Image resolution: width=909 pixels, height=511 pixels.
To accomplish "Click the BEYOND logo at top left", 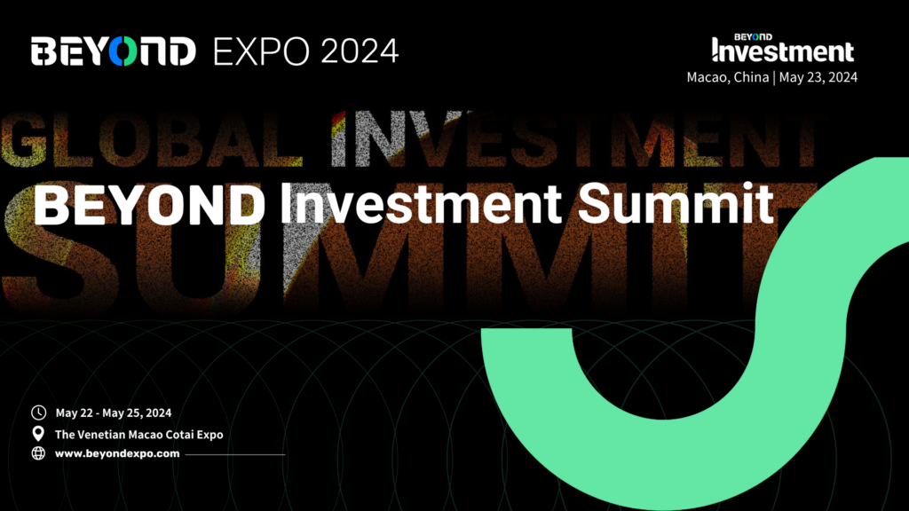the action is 113,51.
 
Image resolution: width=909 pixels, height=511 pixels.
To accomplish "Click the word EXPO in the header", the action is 261,51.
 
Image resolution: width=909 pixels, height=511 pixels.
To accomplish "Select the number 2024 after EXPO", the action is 360,51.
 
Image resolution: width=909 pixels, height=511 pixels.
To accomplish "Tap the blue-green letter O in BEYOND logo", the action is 123,51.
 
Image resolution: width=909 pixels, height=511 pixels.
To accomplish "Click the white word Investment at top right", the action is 783,51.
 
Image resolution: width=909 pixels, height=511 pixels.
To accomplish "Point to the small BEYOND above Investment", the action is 753,37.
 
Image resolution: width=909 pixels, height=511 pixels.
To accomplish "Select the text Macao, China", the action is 728,77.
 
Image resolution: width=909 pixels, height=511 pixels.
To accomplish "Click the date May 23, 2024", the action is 818,77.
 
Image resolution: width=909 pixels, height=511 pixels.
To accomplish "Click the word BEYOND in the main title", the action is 149,204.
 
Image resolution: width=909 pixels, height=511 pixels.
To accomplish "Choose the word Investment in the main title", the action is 421,204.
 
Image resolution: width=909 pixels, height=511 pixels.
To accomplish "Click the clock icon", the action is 38,413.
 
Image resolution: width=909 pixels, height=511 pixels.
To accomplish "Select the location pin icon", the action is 38,433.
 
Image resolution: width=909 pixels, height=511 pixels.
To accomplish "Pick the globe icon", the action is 38,453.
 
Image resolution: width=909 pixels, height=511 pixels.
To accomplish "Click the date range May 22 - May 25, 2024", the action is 114,413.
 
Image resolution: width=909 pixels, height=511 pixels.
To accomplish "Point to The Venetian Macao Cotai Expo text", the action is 139,435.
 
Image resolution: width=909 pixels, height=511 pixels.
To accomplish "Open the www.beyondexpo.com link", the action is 117,453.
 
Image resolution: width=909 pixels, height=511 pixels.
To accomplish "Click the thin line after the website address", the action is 234,455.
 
